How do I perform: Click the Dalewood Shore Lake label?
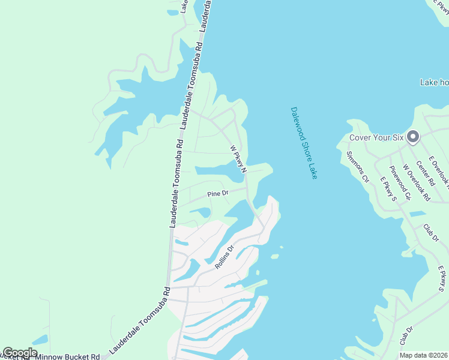pos(304,143)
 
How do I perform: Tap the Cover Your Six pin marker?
pos(412,137)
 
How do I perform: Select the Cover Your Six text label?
pos(377,138)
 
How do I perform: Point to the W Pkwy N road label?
pos(238,158)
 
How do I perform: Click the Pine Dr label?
pos(218,194)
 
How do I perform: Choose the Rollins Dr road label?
pos(224,257)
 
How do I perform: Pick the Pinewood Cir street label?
pos(399,182)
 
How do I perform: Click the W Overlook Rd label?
pos(416,182)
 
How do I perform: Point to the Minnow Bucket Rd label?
pos(67,357)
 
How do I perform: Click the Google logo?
pos(20,353)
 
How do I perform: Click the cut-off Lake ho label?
pos(434,82)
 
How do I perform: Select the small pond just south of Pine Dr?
pos(202,212)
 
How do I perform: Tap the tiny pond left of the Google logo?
pos(40,340)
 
